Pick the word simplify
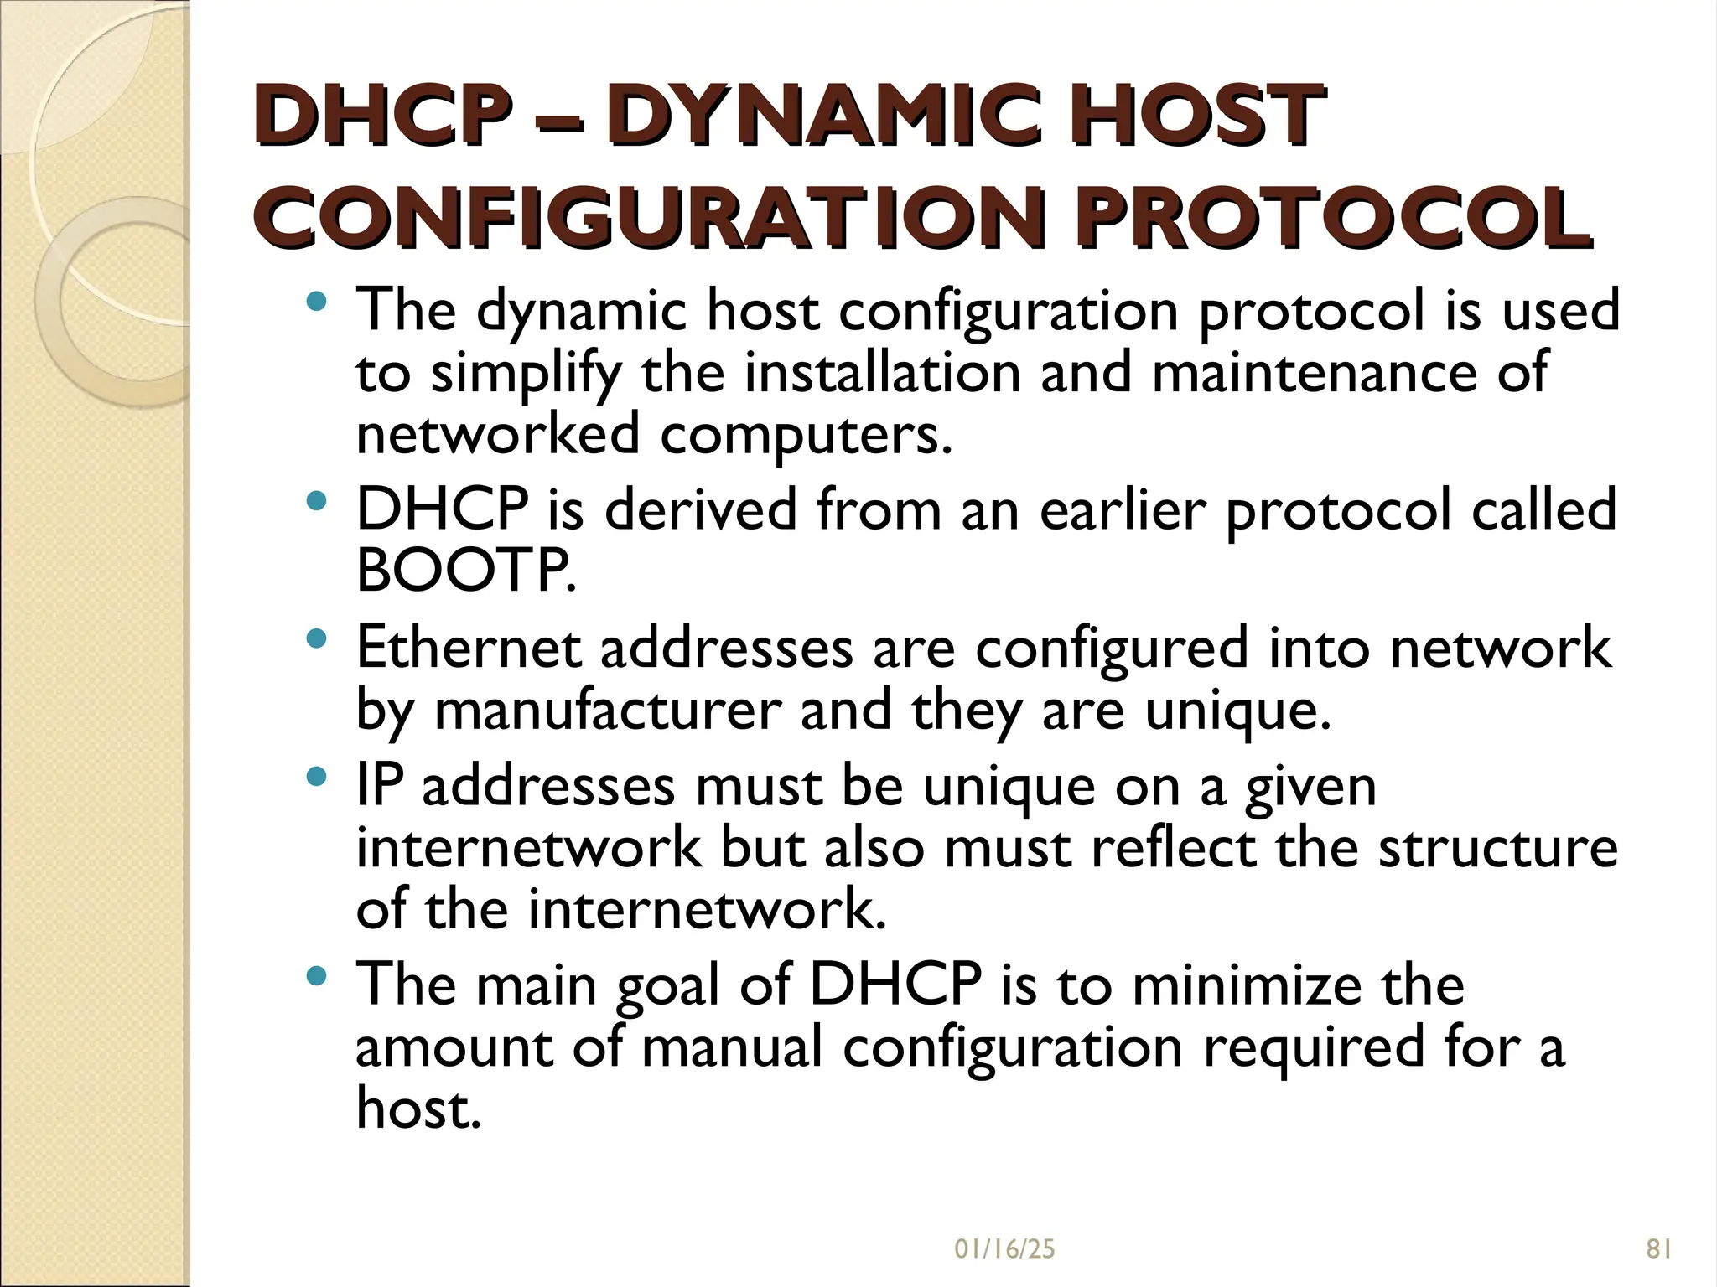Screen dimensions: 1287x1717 pyautogui.click(x=526, y=374)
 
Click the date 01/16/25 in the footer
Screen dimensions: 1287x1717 pyautogui.click(x=1004, y=1249)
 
